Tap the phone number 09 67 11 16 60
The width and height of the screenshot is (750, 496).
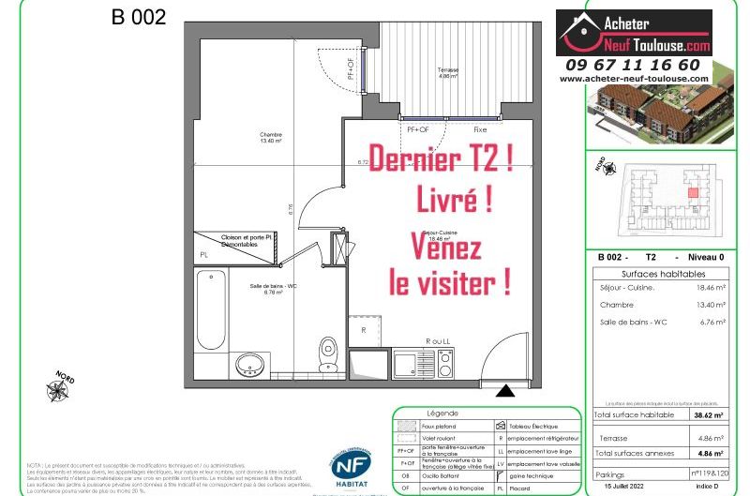pyautogui.click(x=633, y=65)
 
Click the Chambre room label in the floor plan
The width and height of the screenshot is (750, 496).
pyautogui.click(x=271, y=138)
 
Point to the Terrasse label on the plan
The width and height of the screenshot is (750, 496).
pyautogui.click(x=448, y=74)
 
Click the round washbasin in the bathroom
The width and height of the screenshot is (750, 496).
pyautogui.click(x=249, y=364)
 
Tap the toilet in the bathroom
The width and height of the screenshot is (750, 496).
pyautogui.click(x=327, y=353)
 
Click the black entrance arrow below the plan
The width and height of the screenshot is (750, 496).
pyautogui.click(x=504, y=392)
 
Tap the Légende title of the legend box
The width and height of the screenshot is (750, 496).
pyautogui.click(x=442, y=413)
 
